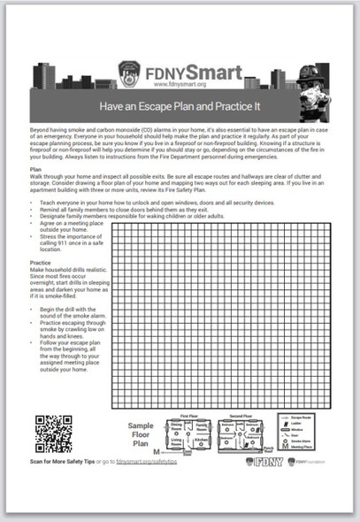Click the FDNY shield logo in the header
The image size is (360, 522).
129,71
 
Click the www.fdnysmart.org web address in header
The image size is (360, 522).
180,84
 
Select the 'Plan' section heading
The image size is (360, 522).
35,168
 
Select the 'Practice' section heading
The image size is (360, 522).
39,263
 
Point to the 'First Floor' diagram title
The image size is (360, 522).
189,414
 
